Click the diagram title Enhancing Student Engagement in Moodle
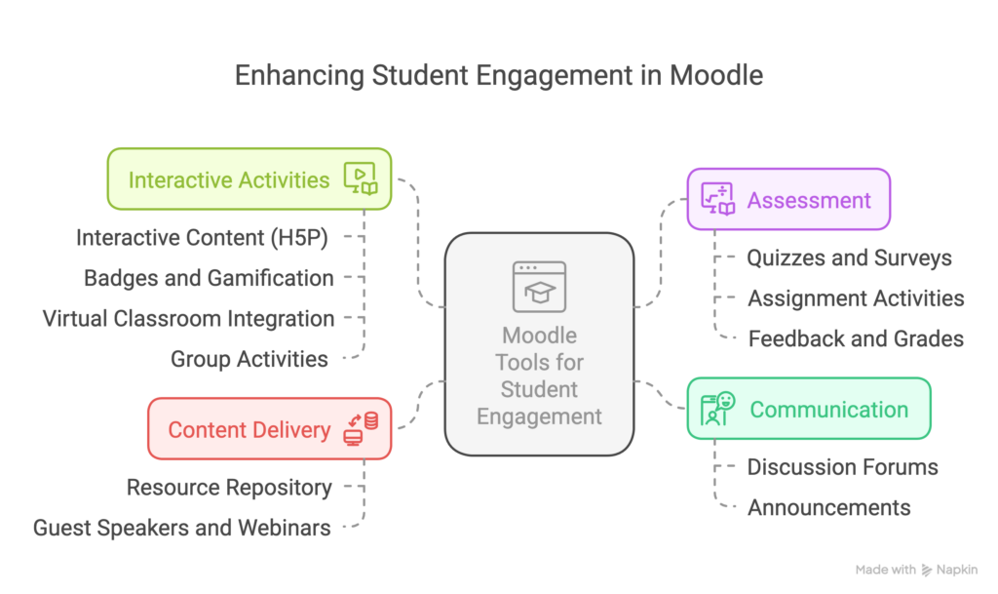pyautogui.click(x=499, y=77)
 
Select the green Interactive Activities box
pyautogui.click(x=249, y=179)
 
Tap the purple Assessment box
pyautogui.click(x=787, y=200)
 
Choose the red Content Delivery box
pyautogui.click(x=269, y=429)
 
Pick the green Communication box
pyautogui.click(x=808, y=409)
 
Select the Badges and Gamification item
pyautogui.click(x=209, y=278)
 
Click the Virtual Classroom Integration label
pyautogui.click(x=188, y=318)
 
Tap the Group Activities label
pyautogui.click(x=249, y=359)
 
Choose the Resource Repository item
pyautogui.click(x=229, y=487)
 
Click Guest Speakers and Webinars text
pyautogui.click(x=182, y=528)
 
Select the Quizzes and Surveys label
pyautogui.click(x=849, y=257)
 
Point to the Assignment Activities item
pyautogui.click(x=856, y=298)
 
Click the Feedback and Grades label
pyautogui.click(x=856, y=338)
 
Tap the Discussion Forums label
pyautogui.click(x=842, y=467)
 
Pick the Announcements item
pyautogui.click(x=828, y=507)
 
